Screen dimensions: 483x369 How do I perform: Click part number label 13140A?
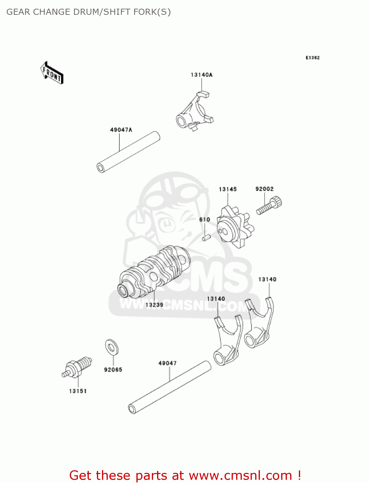[x=202, y=75]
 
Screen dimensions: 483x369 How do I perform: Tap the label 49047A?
[x=121, y=130]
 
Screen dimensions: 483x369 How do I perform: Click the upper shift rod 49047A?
[x=128, y=152]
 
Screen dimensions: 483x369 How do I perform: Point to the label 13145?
[x=228, y=189]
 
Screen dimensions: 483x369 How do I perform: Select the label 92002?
[x=264, y=189]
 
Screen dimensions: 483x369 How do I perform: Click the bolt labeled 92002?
[x=270, y=206]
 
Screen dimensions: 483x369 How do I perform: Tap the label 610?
[x=205, y=220]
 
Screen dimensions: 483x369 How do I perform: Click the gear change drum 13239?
[x=154, y=272]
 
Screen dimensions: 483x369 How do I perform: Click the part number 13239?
[x=154, y=305]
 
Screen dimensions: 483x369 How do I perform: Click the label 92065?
[x=113, y=370]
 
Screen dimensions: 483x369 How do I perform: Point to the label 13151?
[x=78, y=391]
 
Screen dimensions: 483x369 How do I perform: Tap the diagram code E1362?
[x=312, y=58]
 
